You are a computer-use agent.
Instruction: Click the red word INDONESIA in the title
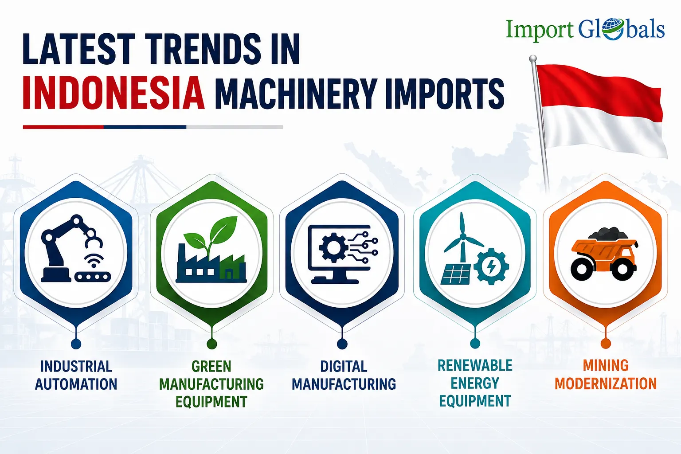[113, 93]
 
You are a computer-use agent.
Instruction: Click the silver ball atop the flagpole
[532, 59]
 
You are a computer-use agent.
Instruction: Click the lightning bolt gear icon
[491, 266]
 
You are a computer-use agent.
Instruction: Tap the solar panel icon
[456, 274]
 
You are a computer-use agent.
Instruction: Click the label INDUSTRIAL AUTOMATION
[76, 375]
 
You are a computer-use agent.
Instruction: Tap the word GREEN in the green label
[211, 366]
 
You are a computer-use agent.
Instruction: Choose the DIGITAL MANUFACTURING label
[344, 375]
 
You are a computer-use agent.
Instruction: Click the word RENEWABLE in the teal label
[475, 365]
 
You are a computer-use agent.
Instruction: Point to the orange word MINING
[606, 365]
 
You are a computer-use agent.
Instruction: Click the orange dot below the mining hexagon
[606, 344]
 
